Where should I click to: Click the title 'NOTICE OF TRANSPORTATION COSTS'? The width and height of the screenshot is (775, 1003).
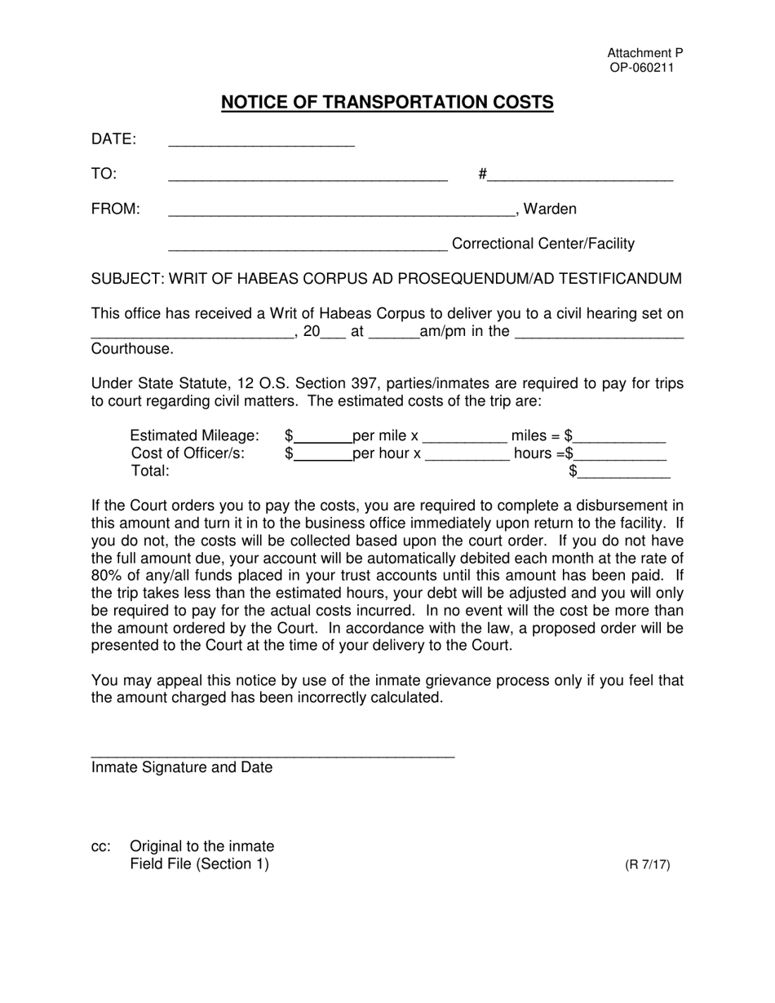[387, 103]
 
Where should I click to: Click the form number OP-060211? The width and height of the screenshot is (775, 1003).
[642, 68]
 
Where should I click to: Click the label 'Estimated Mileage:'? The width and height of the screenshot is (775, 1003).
[194, 436]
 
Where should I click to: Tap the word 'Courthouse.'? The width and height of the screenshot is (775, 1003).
[133, 349]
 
